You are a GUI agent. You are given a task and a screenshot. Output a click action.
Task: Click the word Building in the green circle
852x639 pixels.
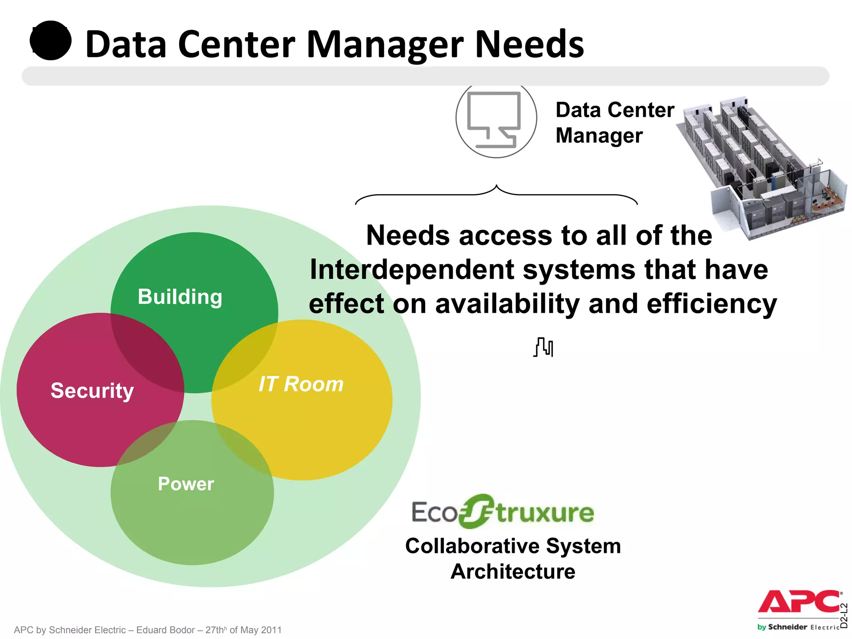point(180,297)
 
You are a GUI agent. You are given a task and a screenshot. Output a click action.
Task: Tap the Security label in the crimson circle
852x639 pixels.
point(92,391)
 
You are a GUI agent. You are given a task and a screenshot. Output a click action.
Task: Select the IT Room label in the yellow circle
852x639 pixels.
point(301,384)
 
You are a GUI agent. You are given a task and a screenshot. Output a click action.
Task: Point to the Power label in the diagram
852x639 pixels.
point(186,484)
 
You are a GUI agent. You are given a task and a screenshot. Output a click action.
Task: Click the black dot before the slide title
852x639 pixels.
point(51,41)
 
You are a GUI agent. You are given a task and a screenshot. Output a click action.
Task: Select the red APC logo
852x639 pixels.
point(799,602)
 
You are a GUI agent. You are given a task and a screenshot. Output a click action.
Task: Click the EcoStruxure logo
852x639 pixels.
point(503,511)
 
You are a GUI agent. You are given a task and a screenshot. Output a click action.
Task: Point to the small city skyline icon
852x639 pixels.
point(543,347)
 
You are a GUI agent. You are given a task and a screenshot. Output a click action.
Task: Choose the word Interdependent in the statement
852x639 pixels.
point(411,270)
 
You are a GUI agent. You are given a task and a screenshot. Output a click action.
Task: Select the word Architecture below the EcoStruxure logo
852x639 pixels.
point(513,572)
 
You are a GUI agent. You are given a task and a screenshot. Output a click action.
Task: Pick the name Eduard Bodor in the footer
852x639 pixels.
point(165,630)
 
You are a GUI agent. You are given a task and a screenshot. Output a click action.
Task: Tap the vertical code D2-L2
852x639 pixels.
point(844,615)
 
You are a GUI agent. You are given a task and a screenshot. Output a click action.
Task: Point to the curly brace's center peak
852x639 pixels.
point(496,186)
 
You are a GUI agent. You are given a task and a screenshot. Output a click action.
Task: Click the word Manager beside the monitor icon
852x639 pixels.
point(599,136)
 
